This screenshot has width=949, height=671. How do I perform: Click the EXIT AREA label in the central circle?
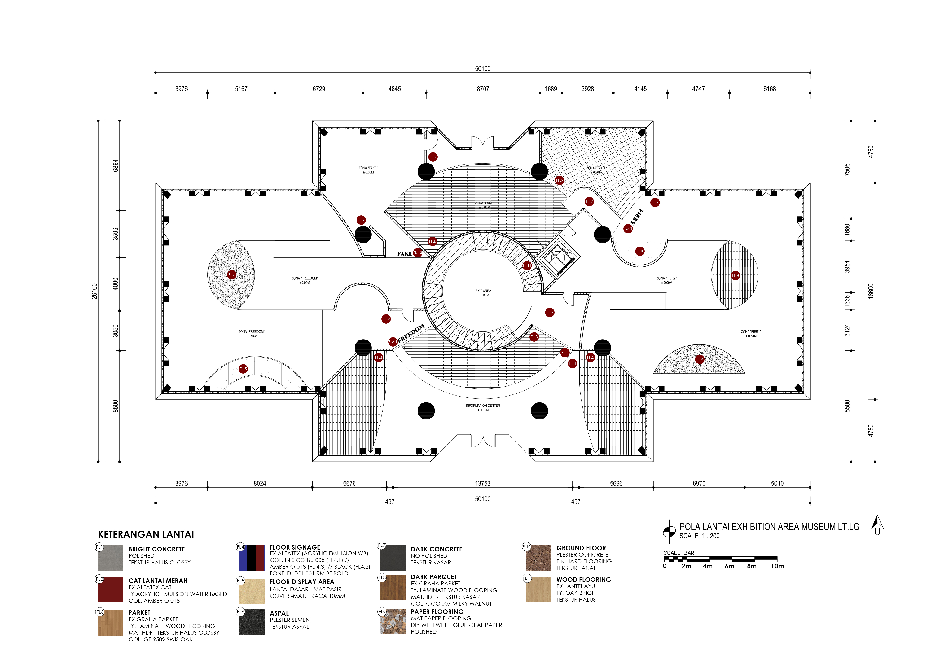pos(483,292)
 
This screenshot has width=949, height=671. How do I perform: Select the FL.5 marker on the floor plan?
pos(243,369)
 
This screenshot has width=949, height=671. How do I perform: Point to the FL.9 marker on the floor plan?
pos(559,180)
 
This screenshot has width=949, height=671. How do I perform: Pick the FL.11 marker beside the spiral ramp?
pos(527,265)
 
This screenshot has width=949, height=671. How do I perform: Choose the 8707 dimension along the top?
pos(483,89)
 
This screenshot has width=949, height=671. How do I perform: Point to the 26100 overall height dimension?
pos(95,291)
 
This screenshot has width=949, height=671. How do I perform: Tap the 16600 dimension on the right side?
pos(871,291)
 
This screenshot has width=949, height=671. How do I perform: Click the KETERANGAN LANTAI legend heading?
pos(146,534)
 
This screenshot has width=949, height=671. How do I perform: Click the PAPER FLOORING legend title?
pos(437,612)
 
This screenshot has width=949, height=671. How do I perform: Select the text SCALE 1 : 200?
pos(699,536)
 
